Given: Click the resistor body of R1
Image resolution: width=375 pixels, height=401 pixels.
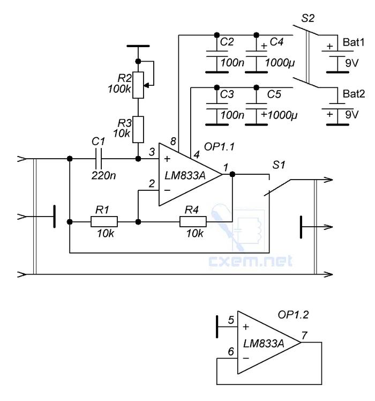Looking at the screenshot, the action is (104, 221).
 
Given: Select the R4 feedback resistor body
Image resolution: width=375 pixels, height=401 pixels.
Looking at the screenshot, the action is (193, 221).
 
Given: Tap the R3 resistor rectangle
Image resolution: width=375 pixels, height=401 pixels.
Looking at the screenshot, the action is (138, 129).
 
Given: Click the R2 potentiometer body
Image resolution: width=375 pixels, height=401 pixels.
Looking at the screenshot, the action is (138, 85).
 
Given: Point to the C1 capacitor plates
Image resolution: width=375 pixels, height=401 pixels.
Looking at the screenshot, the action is (99, 159).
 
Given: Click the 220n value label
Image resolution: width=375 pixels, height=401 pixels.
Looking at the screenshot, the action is (103, 176).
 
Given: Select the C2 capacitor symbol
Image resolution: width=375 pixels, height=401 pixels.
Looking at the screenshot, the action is (217, 54).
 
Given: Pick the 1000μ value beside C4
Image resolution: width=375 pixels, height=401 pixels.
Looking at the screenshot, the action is (280, 63).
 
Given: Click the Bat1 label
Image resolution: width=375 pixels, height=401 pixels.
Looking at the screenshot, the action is (354, 42).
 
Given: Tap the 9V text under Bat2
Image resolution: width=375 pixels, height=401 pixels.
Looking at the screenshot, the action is (352, 115).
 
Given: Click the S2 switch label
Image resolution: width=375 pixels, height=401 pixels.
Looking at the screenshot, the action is (307, 18).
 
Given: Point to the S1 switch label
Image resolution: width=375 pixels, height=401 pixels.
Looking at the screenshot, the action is (279, 165).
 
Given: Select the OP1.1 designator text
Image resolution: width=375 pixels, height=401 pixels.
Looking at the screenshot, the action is (219, 147).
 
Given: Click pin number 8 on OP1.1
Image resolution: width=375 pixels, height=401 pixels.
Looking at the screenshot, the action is (174, 142).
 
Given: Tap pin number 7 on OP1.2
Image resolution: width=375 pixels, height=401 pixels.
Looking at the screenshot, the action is (304, 335).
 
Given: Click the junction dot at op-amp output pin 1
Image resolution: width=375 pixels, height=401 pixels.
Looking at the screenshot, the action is (232, 174).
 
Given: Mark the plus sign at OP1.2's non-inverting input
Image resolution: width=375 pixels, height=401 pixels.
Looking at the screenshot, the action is (246, 327).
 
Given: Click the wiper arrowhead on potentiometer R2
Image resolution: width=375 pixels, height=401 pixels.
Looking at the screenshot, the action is (146, 85).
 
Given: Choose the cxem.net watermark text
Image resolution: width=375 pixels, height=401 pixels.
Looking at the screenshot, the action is (250, 261).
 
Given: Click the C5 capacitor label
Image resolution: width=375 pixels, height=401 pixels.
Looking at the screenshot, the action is (274, 94).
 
